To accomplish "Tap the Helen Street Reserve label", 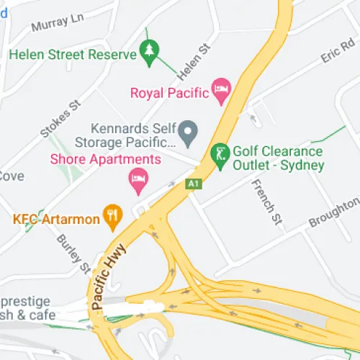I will coord(72,55).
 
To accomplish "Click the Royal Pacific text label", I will coord(170,92).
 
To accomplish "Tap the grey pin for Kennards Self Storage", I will coord(188,132).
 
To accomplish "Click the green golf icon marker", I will coord(219,153).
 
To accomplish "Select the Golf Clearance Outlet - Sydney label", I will coord(278,158).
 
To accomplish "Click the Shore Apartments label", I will coord(106,158).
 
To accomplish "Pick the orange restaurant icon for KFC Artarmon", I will coord(111,214).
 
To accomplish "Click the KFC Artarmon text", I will coord(55,218).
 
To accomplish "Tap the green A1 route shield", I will coord(192,184).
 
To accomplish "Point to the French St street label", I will coord(264,197).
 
